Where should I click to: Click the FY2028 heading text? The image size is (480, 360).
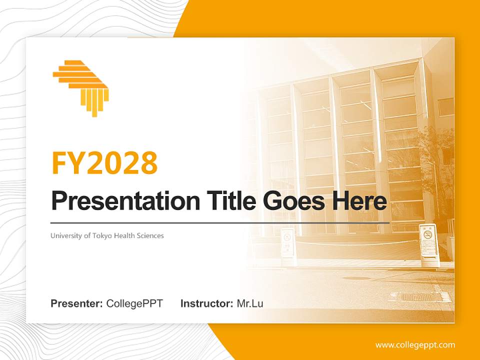coord(104,162)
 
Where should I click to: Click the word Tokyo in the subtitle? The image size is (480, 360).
coord(102,235)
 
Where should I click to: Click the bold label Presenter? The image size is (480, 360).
coord(77,303)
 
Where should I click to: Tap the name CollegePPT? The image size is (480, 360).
coord(134,303)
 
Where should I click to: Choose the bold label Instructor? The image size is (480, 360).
coord(206,303)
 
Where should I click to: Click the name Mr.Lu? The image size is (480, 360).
coord(250,303)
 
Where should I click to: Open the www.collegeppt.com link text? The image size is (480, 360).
coord(415,345)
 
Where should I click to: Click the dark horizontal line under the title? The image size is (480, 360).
coord(220,222)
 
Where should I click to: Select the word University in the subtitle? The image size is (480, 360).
coord(65,235)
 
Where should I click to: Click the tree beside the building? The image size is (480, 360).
coord(440,165)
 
